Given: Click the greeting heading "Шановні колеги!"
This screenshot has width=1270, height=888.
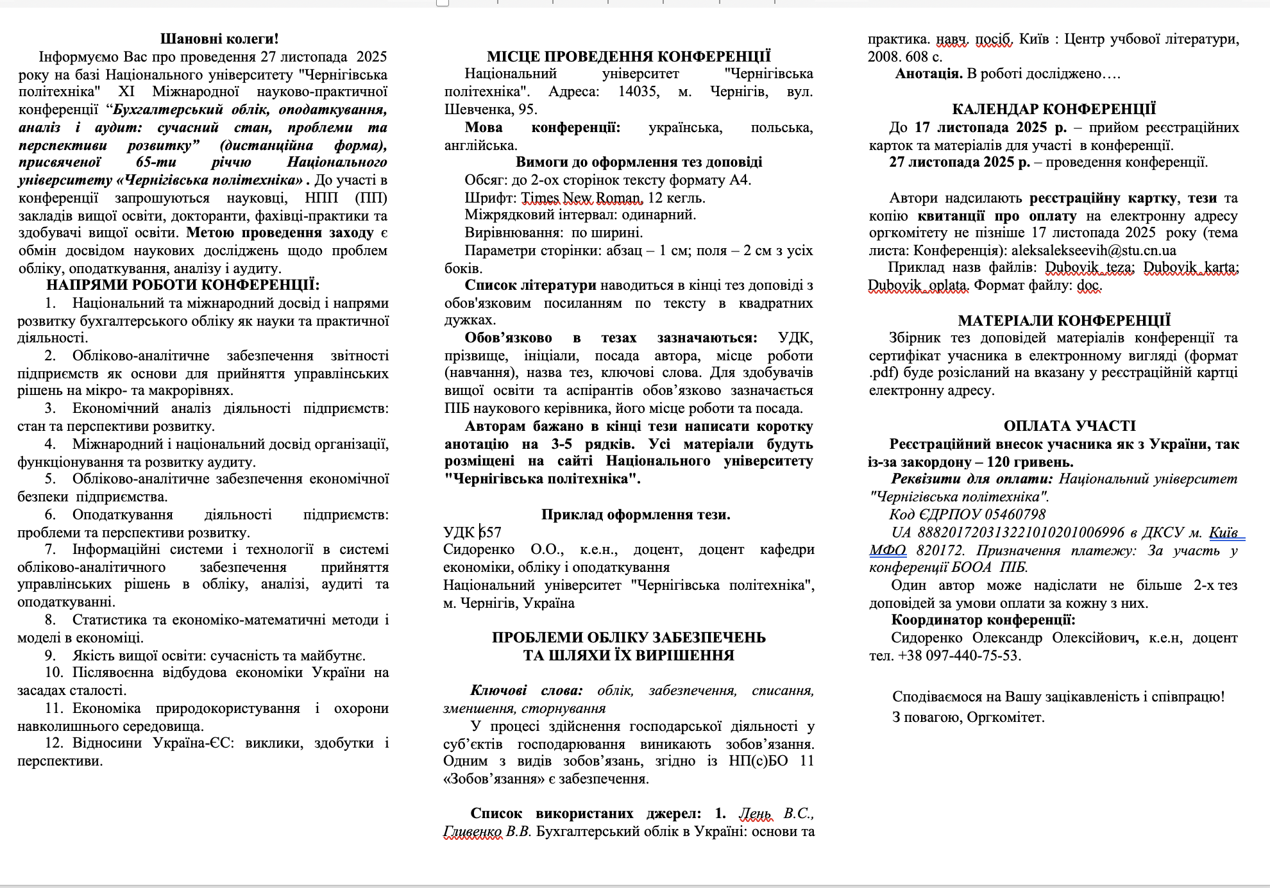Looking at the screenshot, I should (219, 39).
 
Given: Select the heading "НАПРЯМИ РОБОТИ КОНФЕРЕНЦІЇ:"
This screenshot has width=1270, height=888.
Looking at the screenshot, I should (183, 285).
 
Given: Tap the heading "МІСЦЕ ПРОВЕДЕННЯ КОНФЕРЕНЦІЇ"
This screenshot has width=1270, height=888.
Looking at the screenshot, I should (629, 56).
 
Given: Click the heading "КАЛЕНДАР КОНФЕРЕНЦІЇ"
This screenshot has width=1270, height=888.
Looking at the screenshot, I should (1054, 109).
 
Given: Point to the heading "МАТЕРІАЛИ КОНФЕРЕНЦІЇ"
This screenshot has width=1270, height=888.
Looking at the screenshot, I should (1064, 321).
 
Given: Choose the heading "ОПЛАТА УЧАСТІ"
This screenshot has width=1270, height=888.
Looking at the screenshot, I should (1069, 426).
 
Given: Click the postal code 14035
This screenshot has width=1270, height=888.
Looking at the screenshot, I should (638, 92).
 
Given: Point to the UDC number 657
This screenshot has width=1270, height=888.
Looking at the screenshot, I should (491, 532).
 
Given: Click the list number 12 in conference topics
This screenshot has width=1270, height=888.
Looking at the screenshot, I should (55, 743).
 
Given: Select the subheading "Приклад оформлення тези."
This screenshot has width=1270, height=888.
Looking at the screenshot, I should (635, 514).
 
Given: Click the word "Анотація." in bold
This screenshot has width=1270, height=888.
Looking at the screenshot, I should (929, 74).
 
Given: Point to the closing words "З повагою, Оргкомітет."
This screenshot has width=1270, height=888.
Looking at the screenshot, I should (968, 717).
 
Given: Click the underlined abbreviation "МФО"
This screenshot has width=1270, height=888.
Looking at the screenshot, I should (888, 550).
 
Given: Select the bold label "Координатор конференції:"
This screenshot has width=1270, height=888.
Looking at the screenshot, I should (983, 619).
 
